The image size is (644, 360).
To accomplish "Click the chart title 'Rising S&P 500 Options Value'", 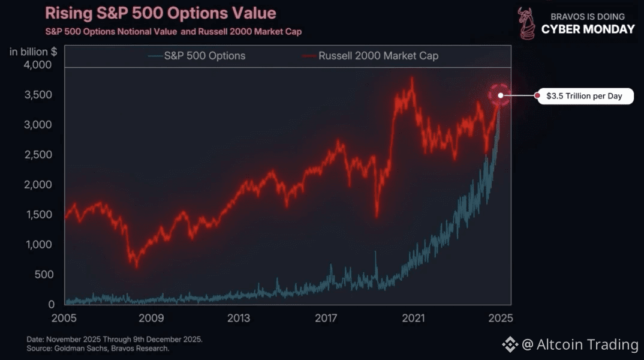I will (161, 13).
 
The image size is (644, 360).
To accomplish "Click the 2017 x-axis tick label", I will (326, 318).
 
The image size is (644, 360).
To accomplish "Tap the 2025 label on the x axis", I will (500, 318).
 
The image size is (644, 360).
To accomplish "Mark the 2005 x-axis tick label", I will (64, 318).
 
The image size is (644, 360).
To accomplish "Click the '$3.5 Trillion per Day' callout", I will (584, 96).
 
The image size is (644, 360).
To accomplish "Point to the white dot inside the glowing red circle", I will (499, 95).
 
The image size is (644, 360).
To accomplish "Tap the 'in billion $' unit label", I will (33, 52).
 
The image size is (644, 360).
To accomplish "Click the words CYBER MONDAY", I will (588, 29).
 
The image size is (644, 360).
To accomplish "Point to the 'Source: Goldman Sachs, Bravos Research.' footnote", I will (98, 348).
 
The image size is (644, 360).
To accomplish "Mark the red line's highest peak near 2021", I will (412, 78).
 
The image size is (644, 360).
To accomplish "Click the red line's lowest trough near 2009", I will (137, 266).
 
